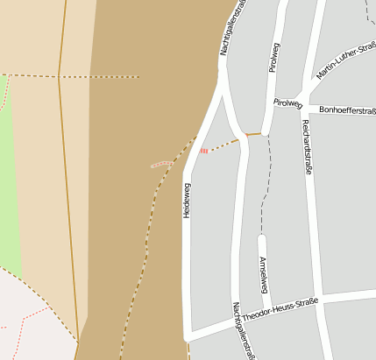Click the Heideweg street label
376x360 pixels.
[x=187, y=201]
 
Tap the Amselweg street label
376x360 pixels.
[x=262, y=276]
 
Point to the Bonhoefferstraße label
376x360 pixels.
[x=347, y=110]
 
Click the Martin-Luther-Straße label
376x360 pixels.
[x=346, y=60]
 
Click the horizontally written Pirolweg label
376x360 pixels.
[x=287, y=102]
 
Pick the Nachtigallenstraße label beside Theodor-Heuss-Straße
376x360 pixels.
[x=238, y=330]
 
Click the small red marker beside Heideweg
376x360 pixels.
[x=203, y=151]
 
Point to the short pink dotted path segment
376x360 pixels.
[x=162, y=163]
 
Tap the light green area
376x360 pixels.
[x=9, y=175]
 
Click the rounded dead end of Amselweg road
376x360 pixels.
[x=261, y=238]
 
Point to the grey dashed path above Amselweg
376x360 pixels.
[x=266, y=184]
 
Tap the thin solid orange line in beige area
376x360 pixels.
[x=63, y=175]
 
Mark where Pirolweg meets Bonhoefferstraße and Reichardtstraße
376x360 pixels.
[x=304, y=103]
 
